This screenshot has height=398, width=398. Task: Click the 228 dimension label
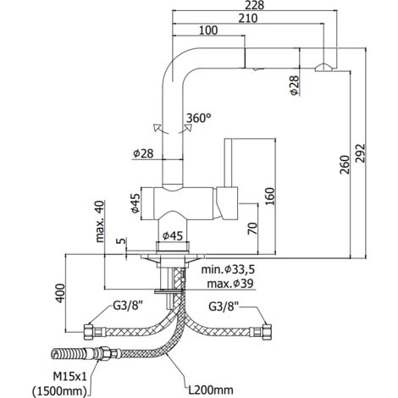click(255, 5)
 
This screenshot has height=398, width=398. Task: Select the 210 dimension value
click(248, 19)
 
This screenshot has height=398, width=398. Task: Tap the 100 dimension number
click(208, 30)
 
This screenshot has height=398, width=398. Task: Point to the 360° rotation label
click(199, 118)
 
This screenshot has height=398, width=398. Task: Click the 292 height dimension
click(361, 153)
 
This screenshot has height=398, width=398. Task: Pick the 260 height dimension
click(345, 164)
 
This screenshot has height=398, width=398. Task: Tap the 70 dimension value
click(253, 229)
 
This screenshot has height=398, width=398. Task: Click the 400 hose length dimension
click(60, 293)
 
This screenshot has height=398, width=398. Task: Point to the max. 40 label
click(100, 221)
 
